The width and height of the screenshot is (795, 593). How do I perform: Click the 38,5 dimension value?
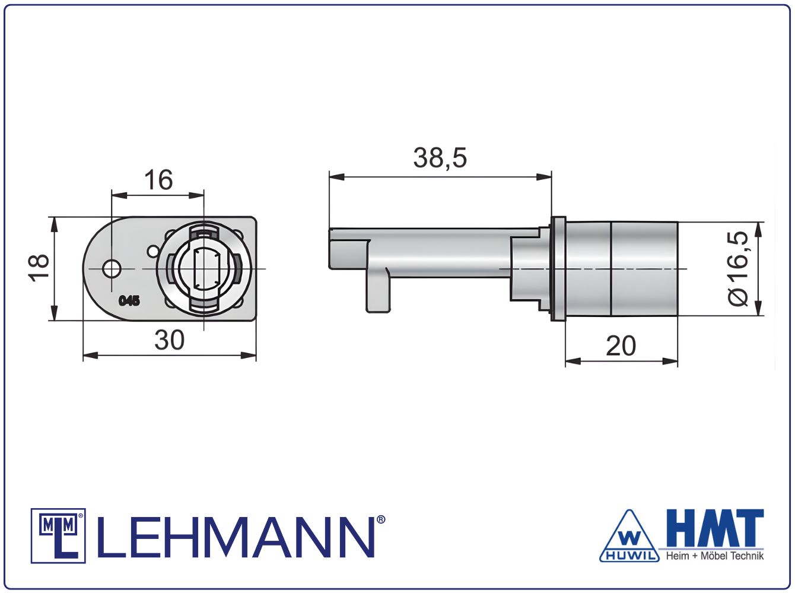pos(440,158)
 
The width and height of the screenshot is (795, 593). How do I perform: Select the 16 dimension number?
pos(158,180)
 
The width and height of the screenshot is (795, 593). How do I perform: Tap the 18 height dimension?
pos(39,268)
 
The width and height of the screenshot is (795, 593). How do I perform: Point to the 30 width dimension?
pos(170,340)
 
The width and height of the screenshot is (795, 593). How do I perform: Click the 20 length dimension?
pos(621,346)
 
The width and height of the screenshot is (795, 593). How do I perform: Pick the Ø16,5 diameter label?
pos(738,268)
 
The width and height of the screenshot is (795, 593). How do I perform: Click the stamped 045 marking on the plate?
pos(129,301)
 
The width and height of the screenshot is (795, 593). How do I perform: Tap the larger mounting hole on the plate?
pos(112,269)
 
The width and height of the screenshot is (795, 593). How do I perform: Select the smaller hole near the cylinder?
pos(154,251)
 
